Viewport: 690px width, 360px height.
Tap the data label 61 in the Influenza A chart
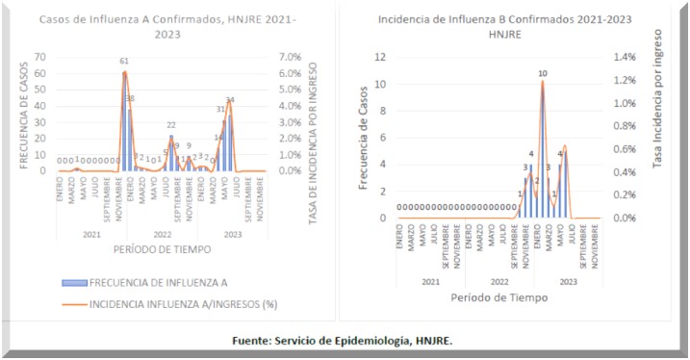124,61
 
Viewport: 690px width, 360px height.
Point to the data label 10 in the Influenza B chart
543,73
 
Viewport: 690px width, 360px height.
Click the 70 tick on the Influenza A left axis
39,56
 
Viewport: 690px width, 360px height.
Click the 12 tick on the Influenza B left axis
380,57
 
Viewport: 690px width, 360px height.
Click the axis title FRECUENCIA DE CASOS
21,114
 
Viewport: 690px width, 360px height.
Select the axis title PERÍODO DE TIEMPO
163,249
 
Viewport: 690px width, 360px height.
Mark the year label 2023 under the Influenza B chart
567,281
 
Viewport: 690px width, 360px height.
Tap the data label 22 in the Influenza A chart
171,125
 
